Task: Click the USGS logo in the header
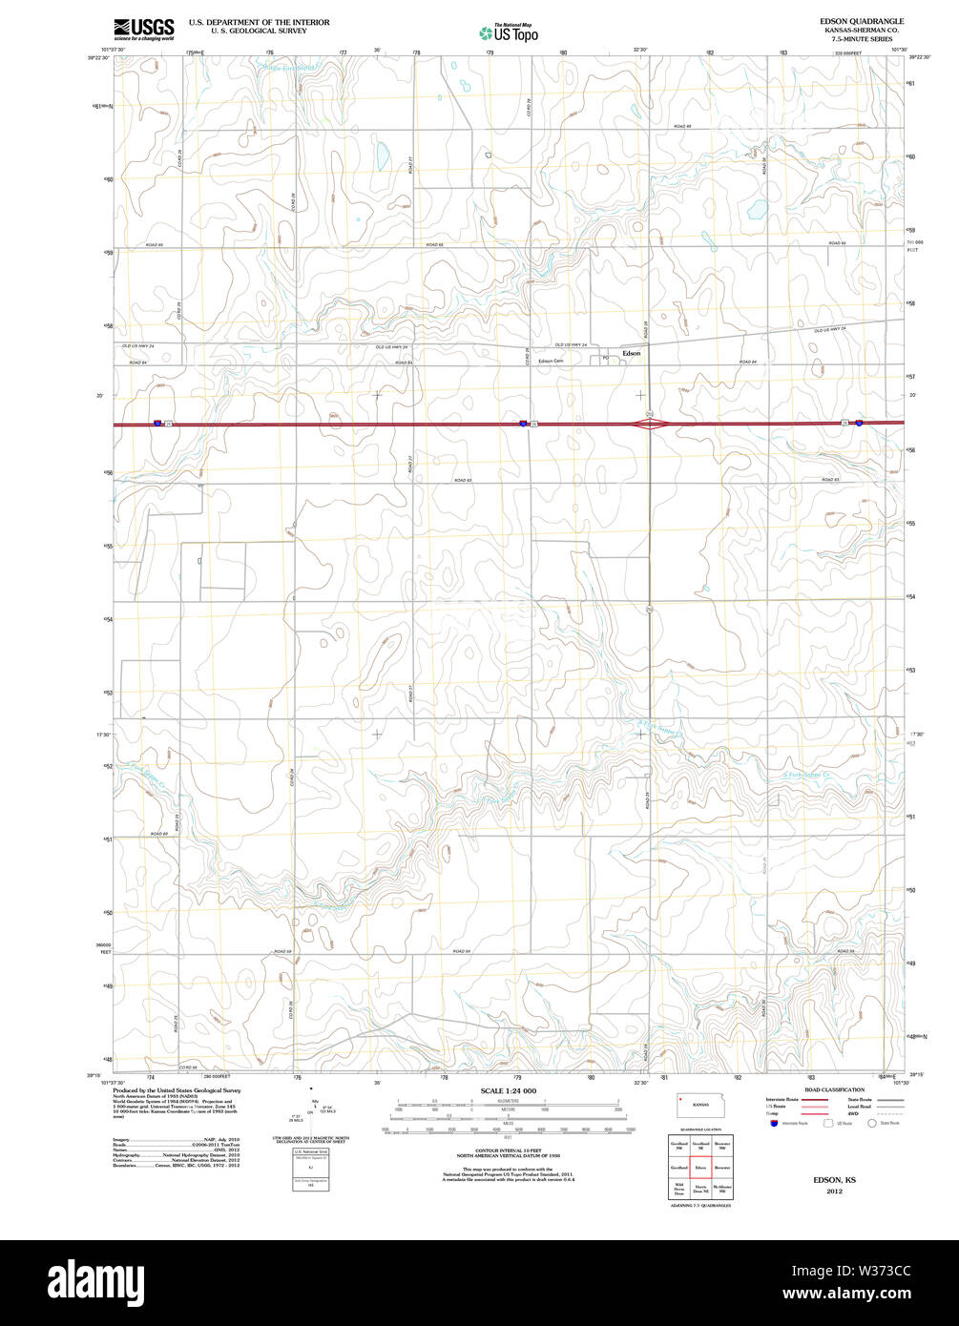[143, 30]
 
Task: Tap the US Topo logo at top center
[509, 32]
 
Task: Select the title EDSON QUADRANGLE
[861, 21]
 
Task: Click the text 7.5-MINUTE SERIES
[861, 39]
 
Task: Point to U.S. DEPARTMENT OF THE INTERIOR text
[259, 21]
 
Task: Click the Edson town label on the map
[632, 353]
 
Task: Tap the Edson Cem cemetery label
[551, 361]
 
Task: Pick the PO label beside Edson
[605, 359]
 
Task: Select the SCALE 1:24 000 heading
[508, 1090]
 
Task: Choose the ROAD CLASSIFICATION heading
[834, 1089]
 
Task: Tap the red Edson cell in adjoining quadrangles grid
[700, 1167]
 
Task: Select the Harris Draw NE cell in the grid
[700, 1190]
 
